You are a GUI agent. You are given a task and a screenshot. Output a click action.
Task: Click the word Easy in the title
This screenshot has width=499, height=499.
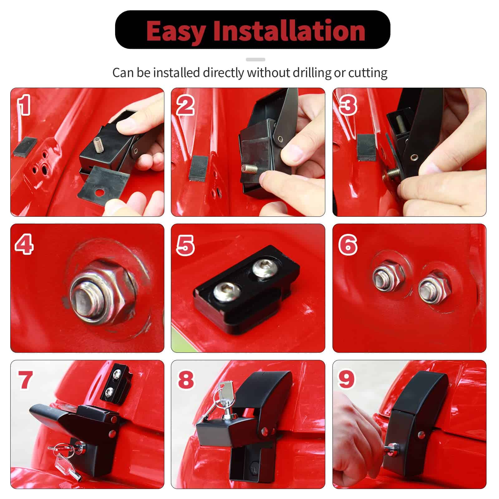point(176,31)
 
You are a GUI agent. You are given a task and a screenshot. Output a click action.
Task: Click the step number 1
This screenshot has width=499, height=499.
point(24,105)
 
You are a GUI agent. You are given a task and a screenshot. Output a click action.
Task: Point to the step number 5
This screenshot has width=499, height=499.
point(185,245)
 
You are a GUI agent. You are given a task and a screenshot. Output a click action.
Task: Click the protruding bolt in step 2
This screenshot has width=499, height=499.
point(249,170)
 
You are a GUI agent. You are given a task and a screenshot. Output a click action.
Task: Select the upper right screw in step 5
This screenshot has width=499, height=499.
point(264,268)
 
